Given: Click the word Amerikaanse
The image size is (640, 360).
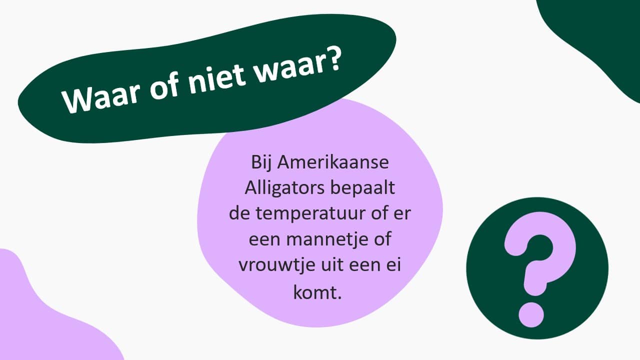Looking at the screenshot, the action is point(333,162).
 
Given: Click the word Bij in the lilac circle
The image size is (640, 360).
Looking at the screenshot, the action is point(261,163).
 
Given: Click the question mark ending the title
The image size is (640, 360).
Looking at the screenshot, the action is point(332,60).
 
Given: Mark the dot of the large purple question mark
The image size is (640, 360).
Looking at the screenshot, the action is point(531,314).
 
